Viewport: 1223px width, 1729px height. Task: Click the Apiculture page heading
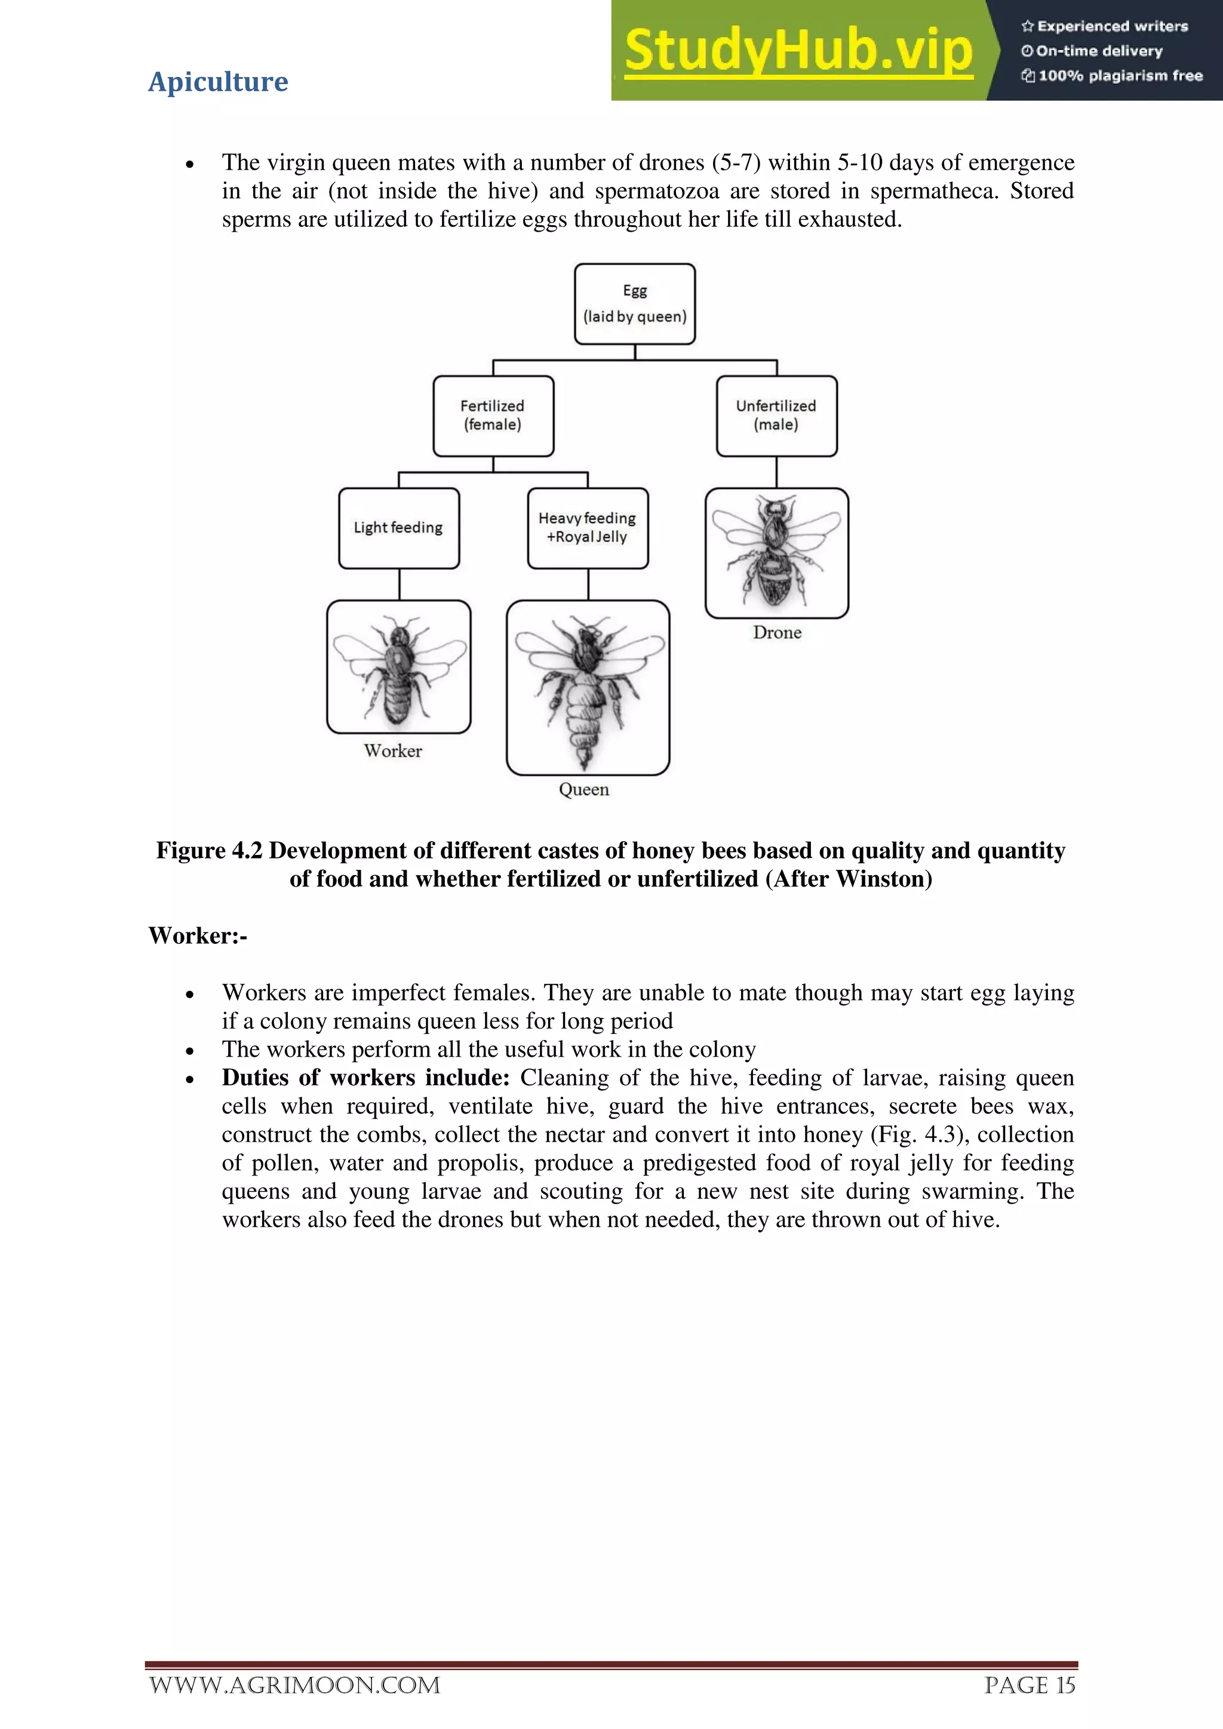click(217, 81)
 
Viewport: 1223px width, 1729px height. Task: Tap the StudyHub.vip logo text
click(798, 51)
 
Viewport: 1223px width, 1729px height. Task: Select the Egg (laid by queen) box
click(634, 303)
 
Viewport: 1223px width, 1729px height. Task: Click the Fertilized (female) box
click(493, 416)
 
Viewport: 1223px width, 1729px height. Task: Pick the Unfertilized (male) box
click(776, 416)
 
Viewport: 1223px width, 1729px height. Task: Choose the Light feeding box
click(398, 528)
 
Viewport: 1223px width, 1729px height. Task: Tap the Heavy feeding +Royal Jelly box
click(588, 527)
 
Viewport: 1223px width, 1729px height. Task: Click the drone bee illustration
click(776, 552)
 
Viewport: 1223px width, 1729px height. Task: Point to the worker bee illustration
click(398, 666)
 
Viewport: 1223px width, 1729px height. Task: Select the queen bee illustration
click(588, 687)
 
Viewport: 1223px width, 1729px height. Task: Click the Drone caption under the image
click(777, 633)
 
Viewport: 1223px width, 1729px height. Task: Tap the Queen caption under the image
click(583, 789)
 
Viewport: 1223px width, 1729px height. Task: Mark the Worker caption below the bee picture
click(392, 751)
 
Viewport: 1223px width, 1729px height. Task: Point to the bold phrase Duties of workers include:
click(365, 1078)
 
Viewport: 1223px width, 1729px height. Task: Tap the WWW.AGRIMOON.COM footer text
click(294, 1685)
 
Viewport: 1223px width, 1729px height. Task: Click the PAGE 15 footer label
click(1029, 1685)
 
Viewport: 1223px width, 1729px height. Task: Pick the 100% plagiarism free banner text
click(1119, 75)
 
